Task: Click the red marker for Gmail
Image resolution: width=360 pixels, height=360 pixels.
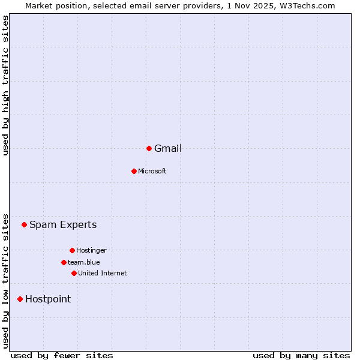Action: tap(149, 148)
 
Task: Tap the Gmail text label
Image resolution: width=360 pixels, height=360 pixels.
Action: tap(168, 149)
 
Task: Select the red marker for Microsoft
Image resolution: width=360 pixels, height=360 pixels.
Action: tap(134, 171)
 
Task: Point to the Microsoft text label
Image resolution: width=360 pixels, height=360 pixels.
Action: tap(152, 172)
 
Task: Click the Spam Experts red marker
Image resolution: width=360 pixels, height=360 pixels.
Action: tap(24, 225)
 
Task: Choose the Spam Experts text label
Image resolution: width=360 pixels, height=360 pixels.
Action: tap(63, 225)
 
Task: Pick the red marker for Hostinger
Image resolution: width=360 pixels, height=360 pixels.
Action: tap(72, 250)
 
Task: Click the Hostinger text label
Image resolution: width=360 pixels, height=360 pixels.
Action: tap(91, 251)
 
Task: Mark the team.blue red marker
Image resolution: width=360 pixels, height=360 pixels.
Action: tap(64, 262)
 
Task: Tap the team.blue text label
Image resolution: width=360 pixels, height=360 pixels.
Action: tap(84, 262)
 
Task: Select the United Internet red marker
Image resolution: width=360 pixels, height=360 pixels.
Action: tap(74, 273)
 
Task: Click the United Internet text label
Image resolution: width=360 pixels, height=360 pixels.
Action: tap(102, 274)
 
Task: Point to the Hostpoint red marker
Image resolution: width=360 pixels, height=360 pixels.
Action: tap(20, 299)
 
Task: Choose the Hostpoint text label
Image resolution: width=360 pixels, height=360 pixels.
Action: tap(48, 299)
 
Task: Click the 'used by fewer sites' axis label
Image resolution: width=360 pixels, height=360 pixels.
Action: tap(62, 355)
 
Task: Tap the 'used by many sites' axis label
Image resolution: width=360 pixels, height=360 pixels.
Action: tap(301, 355)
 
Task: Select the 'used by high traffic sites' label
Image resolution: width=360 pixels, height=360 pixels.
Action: tap(5, 85)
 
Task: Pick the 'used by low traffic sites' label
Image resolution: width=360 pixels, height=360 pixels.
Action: tap(5, 280)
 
